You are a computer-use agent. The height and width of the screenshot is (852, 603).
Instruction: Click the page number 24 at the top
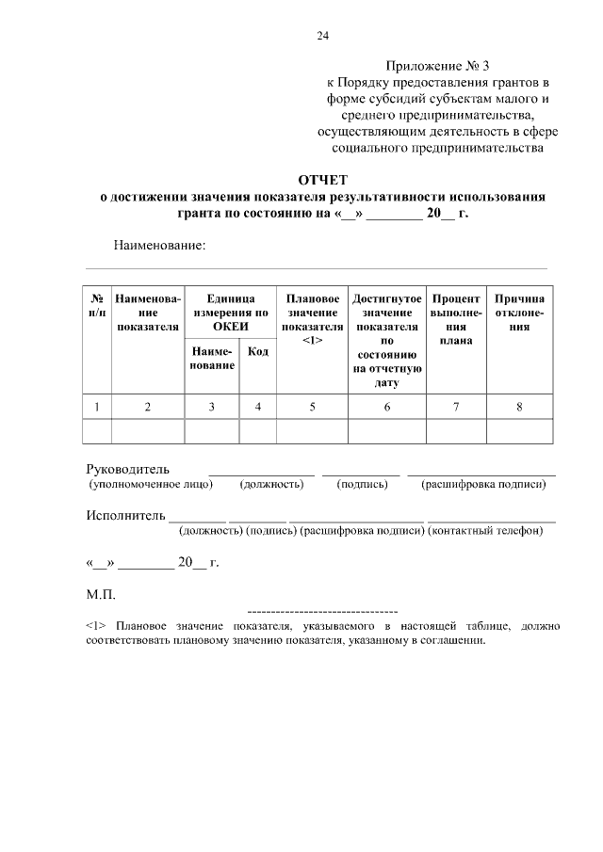tap(322, 36)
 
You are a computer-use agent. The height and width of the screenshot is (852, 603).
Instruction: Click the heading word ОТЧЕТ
tap(322, 179)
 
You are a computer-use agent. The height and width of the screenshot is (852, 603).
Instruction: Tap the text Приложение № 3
tap(438, 66)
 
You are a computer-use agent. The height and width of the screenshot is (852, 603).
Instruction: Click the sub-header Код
tap(257, 351)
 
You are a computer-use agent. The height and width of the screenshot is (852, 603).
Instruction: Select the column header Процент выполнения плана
tap(456, 319)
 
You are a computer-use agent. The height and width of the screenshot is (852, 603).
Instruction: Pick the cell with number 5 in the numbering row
tap(312, 407)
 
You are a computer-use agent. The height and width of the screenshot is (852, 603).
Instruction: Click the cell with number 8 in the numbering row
tap(519, 407)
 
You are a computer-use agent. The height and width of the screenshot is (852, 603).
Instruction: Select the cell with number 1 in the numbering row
tap(97, 407)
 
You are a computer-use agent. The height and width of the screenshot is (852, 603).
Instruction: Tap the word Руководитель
tap(127, 468)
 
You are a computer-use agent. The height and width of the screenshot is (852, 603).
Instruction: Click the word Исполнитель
tap(125, 516)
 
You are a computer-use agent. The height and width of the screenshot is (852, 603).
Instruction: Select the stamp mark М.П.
tap(100, 595)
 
